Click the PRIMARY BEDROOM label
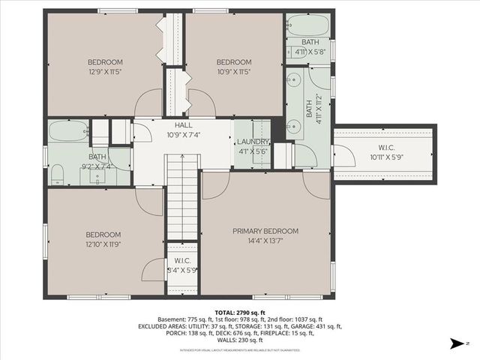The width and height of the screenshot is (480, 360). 265,231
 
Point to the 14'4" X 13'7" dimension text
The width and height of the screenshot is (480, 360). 265,241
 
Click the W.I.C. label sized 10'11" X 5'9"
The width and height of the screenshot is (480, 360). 386,148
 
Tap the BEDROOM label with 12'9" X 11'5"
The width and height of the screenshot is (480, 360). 105,61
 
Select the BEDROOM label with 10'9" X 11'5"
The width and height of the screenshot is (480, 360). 233,61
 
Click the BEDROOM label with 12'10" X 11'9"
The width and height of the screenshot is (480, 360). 104,234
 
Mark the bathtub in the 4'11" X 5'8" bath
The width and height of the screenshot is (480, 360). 307,24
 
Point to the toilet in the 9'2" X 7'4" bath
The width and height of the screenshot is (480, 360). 56,176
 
